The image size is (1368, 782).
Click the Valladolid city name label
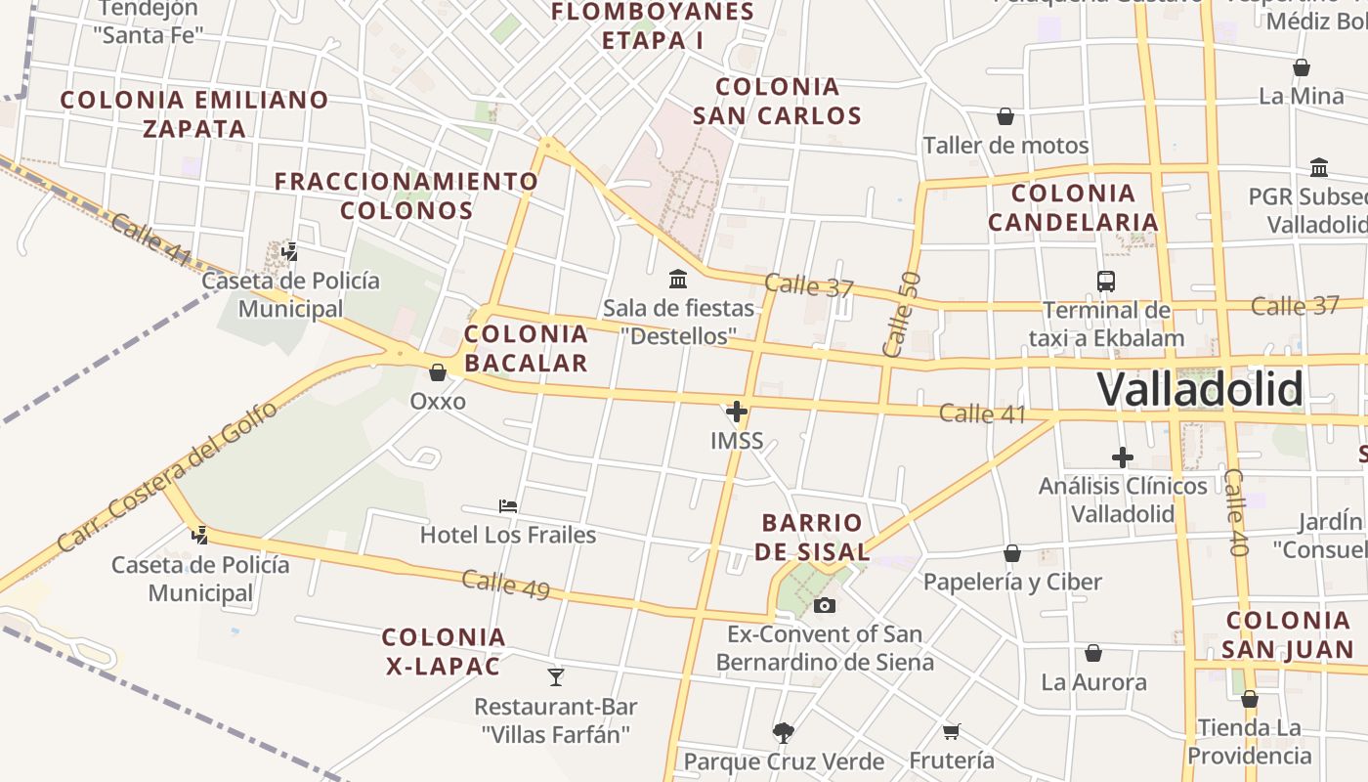tap(1200, 390)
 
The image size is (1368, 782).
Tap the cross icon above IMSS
tap(737, 412)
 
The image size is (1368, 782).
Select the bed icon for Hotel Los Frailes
tap(508, 505)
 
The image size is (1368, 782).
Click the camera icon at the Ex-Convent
tap(825, 605)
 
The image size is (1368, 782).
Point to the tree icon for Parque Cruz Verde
tap(783, 732)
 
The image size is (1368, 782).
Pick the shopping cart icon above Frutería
tap(951, 731)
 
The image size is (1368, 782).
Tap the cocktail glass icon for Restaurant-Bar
tap(556, 676)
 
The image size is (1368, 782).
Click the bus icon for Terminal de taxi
tap(1106, 282)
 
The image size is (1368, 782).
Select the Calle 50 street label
tap(900, 314)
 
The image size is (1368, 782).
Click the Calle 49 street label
tap(505, 585)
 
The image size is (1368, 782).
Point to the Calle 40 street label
tap(1236, 512)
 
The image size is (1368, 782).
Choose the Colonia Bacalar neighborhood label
tap(526, 348)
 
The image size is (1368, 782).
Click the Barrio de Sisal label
tap(812, 537)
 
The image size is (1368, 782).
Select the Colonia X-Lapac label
tap(444, 652)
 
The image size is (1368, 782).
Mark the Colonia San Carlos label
tap(778, 101)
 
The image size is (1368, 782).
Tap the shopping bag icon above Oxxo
tap(438, 372)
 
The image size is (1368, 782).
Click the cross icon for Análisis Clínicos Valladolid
tap(1123, 456)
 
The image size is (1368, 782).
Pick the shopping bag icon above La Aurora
tap(1093, 653)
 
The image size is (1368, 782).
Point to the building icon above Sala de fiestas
tap(678, 280)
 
